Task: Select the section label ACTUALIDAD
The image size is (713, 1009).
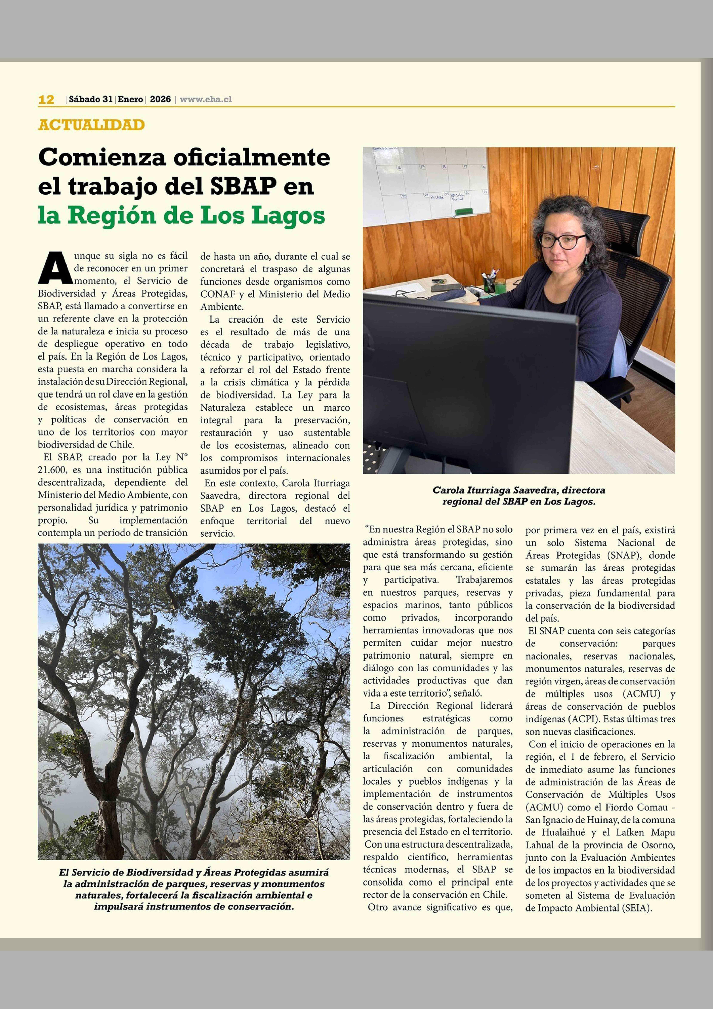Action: click(91, 125)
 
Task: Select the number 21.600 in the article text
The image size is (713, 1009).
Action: click(52, 470)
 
